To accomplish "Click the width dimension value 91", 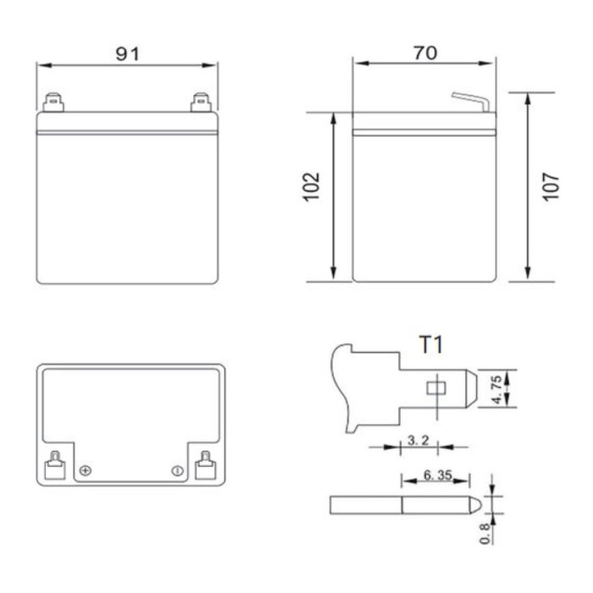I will pyautogui.click(x=127, y=53).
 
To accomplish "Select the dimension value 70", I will pyautogui.click(x=424, y=53).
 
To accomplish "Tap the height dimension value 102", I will pyautogui.click(x=312, y=187).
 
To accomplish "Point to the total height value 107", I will pyautogui.click(x=551, y=187).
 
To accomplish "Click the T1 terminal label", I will pyautogui.click(x=431, y=345).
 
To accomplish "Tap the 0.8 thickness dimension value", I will pyautogui.click(x=485, y=532).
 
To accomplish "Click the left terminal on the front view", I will pyautogui.click(x=53, y=103).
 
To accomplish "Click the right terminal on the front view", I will pyautogui.click(x=201, y=103).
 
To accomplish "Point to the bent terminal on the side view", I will pyautogui.click(x=471, y=101).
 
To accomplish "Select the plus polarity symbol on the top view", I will pyautogui.click(x=85, y=470).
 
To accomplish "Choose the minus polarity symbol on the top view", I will pyautogui.click(x=177, y=470).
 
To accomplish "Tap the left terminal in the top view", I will pyautogui.click(x=53, y=463).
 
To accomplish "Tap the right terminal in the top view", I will pyautogui.click(x=204, y=463).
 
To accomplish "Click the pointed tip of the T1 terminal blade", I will pyautogui.click(x=474, y=389).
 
